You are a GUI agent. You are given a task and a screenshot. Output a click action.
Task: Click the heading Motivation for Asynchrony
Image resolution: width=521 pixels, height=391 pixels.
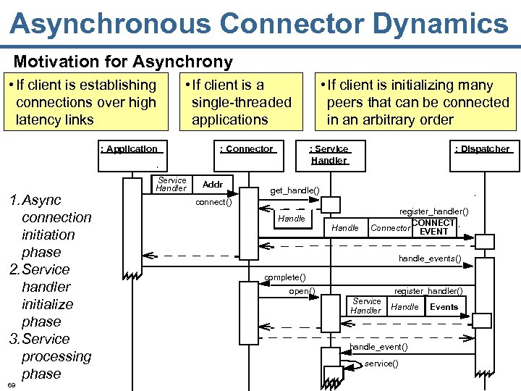point(123,62)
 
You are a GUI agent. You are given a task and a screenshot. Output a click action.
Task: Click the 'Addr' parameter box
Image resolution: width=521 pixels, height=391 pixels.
point(213,185)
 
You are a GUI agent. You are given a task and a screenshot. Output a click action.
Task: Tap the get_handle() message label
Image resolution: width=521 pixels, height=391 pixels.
point(295,190)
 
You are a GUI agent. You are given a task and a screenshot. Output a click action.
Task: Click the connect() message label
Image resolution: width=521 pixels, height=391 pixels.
point(213,202)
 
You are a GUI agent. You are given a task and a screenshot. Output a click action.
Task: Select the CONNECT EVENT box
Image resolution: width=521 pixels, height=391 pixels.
point(434,227)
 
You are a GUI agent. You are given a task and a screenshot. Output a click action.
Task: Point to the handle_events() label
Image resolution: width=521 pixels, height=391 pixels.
point(430,258)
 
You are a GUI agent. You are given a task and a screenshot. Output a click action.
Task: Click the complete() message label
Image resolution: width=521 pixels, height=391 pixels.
point(284,277)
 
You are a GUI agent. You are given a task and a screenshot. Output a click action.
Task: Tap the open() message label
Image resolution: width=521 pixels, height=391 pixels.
point(301,291)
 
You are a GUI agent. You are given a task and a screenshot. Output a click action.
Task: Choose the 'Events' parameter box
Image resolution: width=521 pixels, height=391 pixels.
point(444,307)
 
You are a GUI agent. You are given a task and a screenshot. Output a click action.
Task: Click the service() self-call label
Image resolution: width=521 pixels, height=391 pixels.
point(381,363)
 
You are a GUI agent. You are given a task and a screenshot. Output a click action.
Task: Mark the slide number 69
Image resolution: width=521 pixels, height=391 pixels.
point(12,384)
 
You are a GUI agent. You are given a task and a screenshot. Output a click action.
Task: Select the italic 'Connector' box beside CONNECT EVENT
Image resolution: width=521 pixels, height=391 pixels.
point(390,228)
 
